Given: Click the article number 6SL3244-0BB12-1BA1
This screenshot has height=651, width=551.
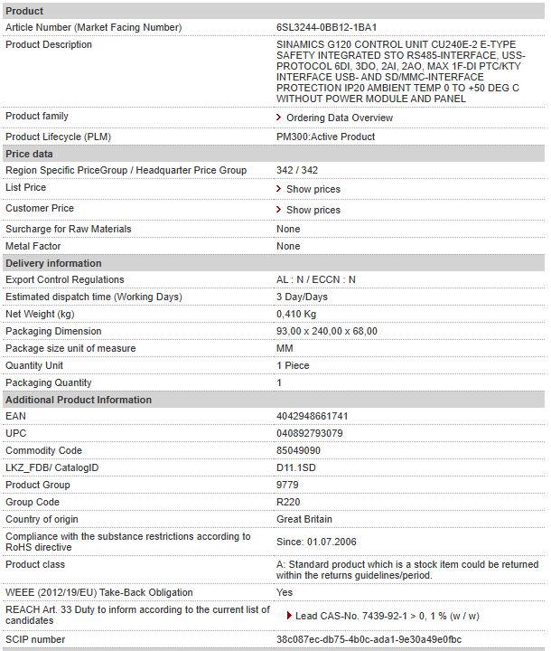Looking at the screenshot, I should [x=326, y=27].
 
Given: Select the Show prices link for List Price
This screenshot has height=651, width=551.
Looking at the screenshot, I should [x=313, y=190].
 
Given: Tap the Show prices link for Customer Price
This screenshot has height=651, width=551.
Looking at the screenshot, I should [x=313, y=210].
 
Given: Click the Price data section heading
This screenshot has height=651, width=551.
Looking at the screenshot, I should [x=29, y=155].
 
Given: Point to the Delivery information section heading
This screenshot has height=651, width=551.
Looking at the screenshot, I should [x=53, y=263].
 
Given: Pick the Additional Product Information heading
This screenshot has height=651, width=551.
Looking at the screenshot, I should [x=79, y=400].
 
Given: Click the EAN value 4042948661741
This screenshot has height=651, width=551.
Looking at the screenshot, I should [x=312, y=416].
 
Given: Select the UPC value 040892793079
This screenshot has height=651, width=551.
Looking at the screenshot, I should [x=309, y=433].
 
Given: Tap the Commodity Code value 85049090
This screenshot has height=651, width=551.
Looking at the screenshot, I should [x=298, y=450].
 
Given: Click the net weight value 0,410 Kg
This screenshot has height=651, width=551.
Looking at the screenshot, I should [x=296, y=314].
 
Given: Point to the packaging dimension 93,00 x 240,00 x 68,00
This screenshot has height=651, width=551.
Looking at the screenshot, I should [x=326, y=331].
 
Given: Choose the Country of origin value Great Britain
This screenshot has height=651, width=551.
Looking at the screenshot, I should [x=304, y=519].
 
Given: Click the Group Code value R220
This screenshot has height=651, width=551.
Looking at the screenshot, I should [x=288, y=502].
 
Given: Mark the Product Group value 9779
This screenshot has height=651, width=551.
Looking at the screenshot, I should [x=287, y=485].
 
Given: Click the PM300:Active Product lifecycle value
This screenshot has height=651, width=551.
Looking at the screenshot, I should [x=325, y=137].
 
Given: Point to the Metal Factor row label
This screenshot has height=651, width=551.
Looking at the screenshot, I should [x=33, y=246].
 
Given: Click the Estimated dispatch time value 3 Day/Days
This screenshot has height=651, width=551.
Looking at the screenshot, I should [x=302, y=297].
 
